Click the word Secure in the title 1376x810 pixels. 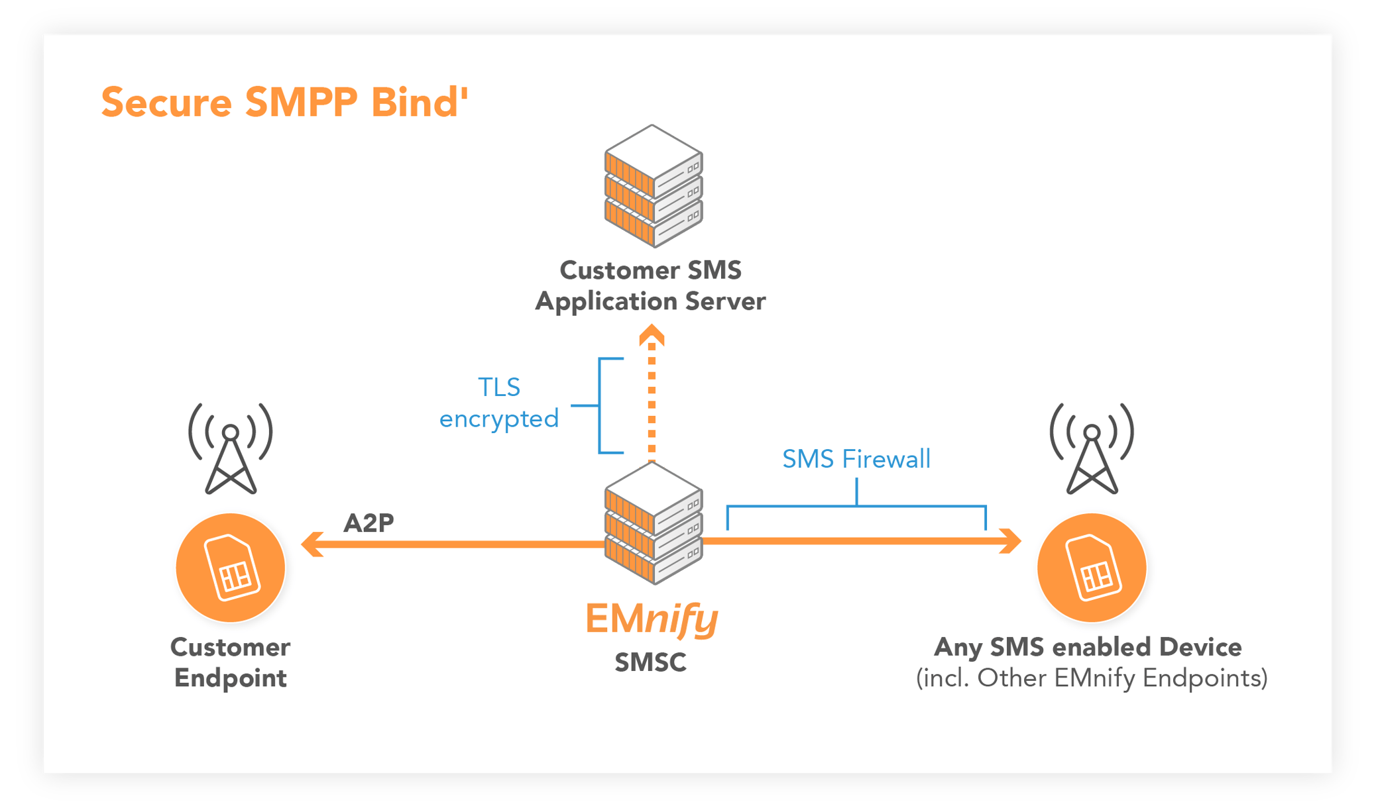(166, 103)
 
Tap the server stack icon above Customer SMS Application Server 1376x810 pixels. (653, 186)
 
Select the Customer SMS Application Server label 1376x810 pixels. (650, 285)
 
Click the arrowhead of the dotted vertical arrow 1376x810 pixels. (652, 335)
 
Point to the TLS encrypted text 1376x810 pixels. (498, 403)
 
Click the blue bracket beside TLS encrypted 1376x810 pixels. (601, 405)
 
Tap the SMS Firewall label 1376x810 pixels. (856, 459)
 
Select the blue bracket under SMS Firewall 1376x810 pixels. (856, 507)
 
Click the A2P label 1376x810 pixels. (369, 523)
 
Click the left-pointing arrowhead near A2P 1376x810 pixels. (312, 544)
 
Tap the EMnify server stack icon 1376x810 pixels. (653, 523)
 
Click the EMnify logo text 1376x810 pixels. (651, 619)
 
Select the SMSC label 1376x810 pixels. (650, 662)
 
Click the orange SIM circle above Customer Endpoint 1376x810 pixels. (231, 568)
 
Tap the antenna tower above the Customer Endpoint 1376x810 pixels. (230, 450)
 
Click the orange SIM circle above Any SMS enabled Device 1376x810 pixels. (1092, 568)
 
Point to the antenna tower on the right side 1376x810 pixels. (1092, 450)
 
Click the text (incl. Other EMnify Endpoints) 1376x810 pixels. (1092, 678)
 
